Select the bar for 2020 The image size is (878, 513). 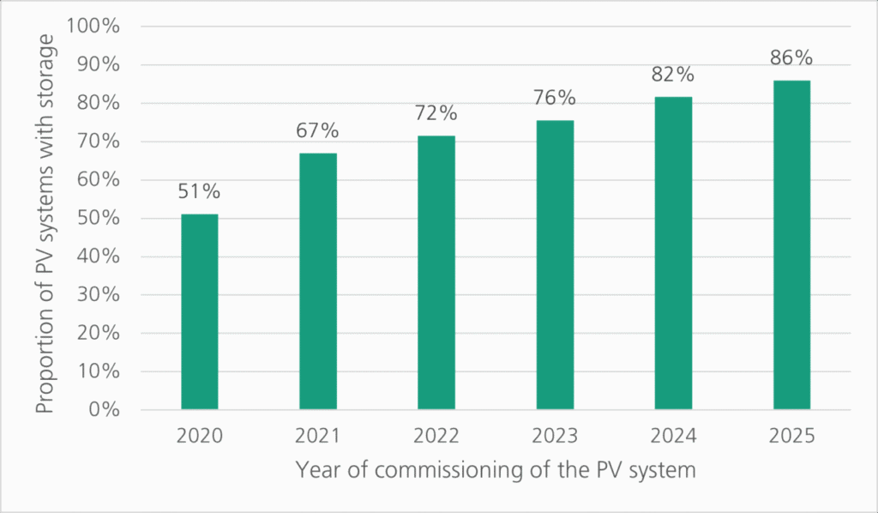tap(200, 311)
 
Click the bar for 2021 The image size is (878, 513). tap(318, 281)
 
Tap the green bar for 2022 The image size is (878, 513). tap(436, 273)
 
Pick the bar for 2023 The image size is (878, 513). tap(555, 265)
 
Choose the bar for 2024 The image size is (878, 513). tap(673, 253)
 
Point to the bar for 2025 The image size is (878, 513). tap(791, 245)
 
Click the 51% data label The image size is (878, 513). tap(200, 191)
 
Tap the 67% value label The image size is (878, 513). tap(318, 131)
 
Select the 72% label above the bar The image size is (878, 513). tap(436, 113)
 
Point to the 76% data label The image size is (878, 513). tap(555, 98)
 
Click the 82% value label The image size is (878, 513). tap(673, 75)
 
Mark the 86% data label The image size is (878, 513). tap(791, 58)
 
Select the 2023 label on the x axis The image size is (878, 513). tap(555, 436)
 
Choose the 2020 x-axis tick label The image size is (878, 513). tap(200, 436)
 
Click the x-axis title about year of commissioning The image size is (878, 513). tap(495, 470)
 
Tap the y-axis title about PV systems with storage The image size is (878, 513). tap(46, 219)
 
